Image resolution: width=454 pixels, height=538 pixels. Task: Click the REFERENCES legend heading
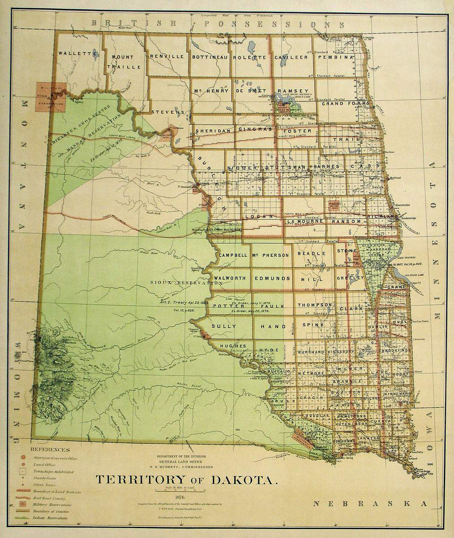(50, 450)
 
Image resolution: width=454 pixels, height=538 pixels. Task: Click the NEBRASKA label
(370, 504)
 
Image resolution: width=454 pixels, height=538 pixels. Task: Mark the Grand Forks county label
(340, 104)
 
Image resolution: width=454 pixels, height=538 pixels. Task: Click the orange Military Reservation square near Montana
(50, 97)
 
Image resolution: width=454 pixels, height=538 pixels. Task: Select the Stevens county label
(168, 112)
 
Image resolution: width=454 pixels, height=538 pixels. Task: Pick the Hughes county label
(230, 346)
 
